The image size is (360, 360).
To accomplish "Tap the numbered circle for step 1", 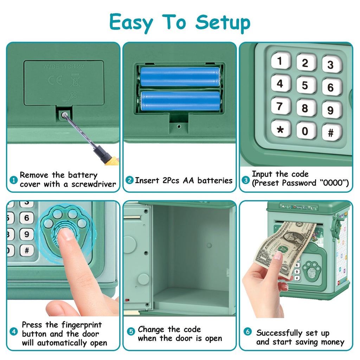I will [x=13, y=180].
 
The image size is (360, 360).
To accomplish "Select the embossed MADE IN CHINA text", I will [x=64, y=66].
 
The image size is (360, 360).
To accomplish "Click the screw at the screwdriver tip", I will [x=64, y=114].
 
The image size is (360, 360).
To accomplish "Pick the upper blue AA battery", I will [x=180, y=77].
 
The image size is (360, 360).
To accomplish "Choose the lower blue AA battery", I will [x=180, y=101].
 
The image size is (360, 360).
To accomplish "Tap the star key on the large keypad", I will [x=280, y=129].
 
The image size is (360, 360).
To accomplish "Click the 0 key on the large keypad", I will [x=305, y=131].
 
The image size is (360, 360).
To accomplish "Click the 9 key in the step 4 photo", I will [x=27, y=234].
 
